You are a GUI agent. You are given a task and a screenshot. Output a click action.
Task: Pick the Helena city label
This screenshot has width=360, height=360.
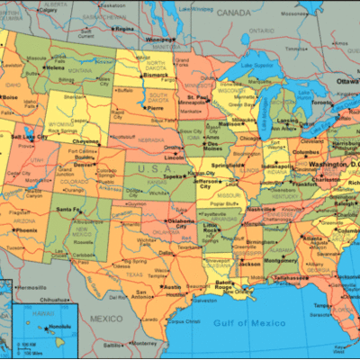tap(56, 67)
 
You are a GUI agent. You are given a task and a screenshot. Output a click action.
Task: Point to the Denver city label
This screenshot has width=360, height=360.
tap(84, 165)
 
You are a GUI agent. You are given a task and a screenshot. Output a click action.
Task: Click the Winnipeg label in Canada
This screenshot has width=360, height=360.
tap(160, 40)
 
